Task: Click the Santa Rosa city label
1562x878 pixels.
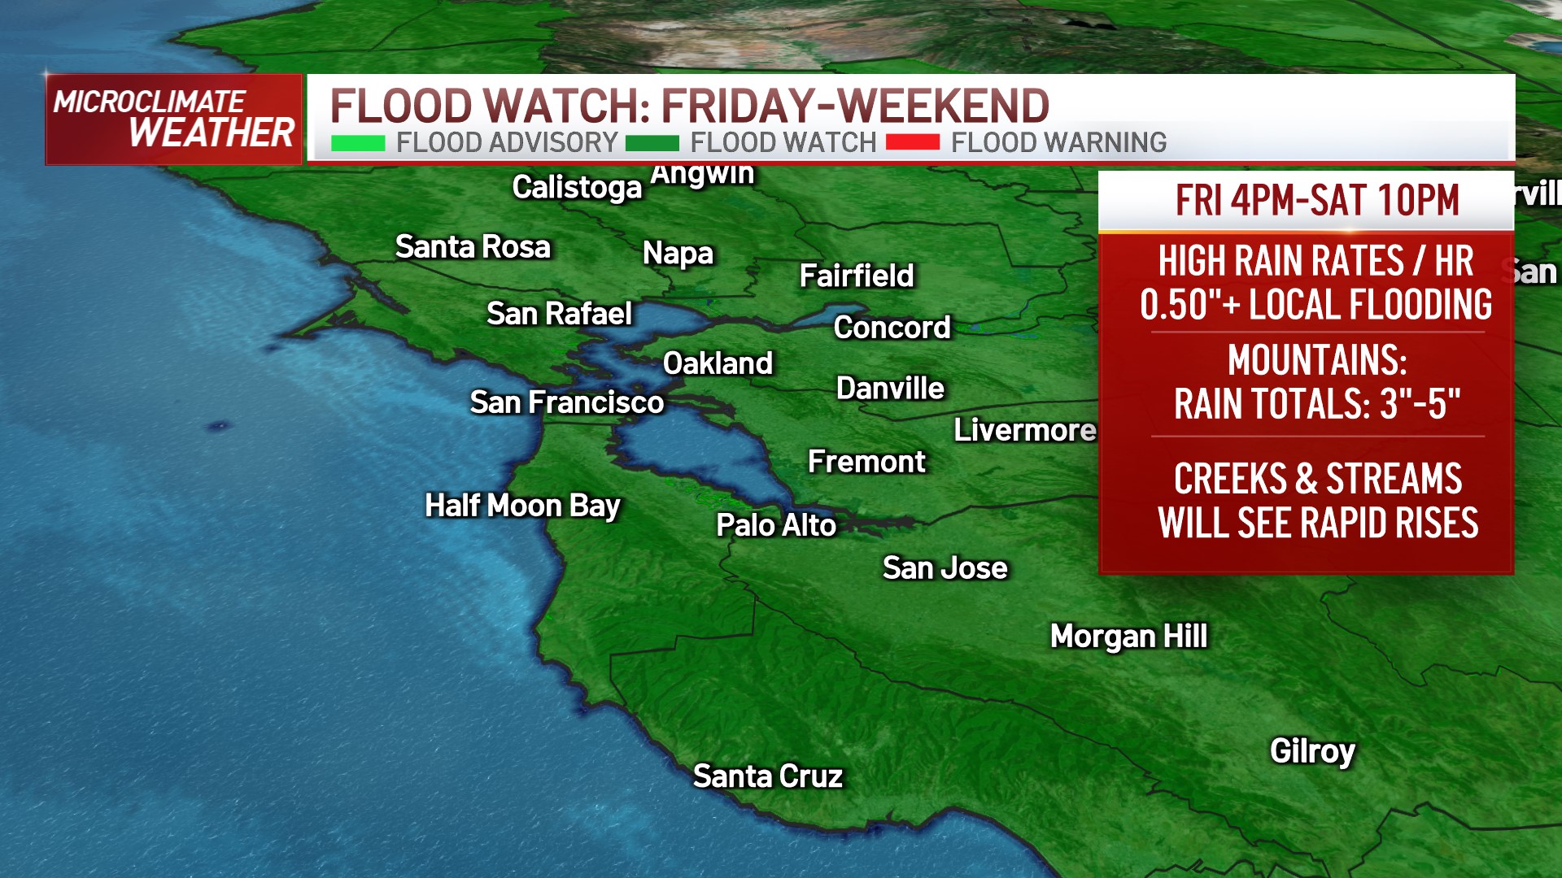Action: pos(473,246)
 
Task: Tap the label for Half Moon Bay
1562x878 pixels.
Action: pos(522,506)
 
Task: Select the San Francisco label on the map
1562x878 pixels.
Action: pos(567,402)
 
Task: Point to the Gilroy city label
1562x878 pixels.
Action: pos(1312,751)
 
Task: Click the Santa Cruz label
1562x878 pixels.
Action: pos(767,776)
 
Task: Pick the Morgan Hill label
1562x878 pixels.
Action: pos(1128,637)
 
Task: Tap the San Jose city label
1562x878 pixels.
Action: pos(945,568)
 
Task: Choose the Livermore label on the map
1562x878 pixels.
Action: pos(1024,430)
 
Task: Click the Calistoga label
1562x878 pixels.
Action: pos(577,188)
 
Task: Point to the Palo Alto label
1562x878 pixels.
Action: pos(775,525)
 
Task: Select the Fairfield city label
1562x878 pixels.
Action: pos(857,276)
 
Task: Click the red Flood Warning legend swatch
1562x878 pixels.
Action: pos(912,143)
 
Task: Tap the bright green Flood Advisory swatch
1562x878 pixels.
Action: pos(358,144)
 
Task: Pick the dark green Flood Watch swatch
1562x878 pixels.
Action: pos(652,144)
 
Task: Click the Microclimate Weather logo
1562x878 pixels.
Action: pos(173,120)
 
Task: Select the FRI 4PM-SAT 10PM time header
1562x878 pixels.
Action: pos(1317,200)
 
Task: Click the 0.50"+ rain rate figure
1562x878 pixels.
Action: pos(1189,305)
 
